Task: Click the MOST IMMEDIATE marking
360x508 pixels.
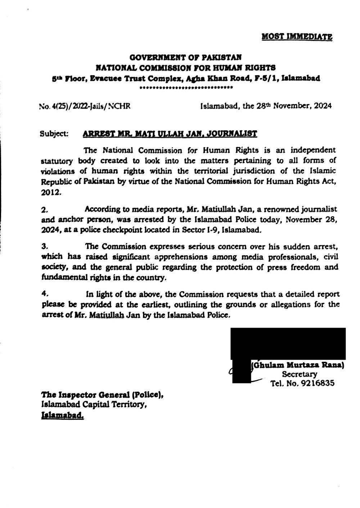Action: coord(296,36)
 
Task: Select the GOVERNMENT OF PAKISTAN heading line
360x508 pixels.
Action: coord(185,57)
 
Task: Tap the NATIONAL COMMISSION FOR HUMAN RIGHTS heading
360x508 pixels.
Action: coord(185,67)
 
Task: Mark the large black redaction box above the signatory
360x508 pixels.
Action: coord(288,343)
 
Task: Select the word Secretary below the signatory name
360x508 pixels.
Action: coord(300,374)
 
